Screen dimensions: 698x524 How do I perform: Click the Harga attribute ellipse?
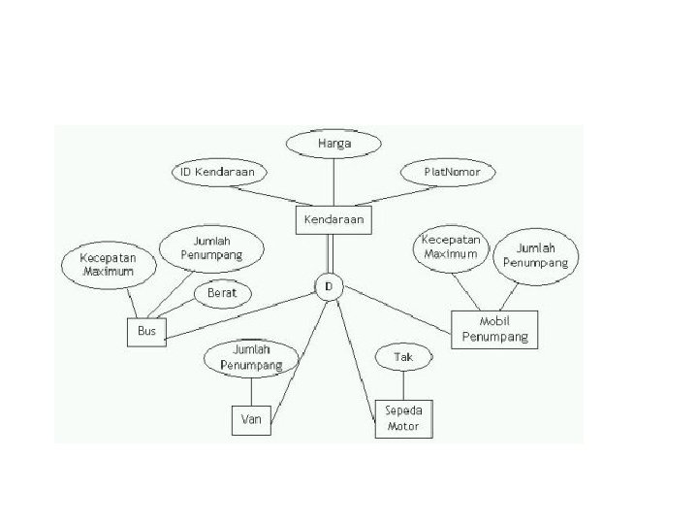tap(334, 144)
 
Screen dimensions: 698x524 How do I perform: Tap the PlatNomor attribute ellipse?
tap(447, 172)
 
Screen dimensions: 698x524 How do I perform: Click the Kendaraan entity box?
tap(333, 220)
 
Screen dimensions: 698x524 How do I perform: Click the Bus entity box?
tap(146, 332)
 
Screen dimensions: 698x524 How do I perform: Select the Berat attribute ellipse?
tap(223, 292)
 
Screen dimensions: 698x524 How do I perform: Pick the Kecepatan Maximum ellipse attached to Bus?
tap(108, 265)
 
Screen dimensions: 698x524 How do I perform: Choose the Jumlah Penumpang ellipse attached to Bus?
tap(210, 247)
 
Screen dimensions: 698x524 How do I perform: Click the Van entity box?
tap(251, 420)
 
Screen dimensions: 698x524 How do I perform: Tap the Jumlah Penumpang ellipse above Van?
tap(251, 358)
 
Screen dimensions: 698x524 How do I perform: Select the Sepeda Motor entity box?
tap(404, 418)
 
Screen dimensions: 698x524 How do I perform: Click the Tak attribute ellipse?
tap(403, 357)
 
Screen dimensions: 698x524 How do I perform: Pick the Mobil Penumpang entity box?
tap(494, 328)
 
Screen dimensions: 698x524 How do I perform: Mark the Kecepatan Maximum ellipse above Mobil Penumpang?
tap(451, 247)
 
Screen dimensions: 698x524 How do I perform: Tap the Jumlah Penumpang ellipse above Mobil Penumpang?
tap(535, 254)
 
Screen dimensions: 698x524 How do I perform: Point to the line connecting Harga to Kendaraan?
tap(333, 181)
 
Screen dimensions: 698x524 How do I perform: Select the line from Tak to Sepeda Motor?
tap(403, 384)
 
